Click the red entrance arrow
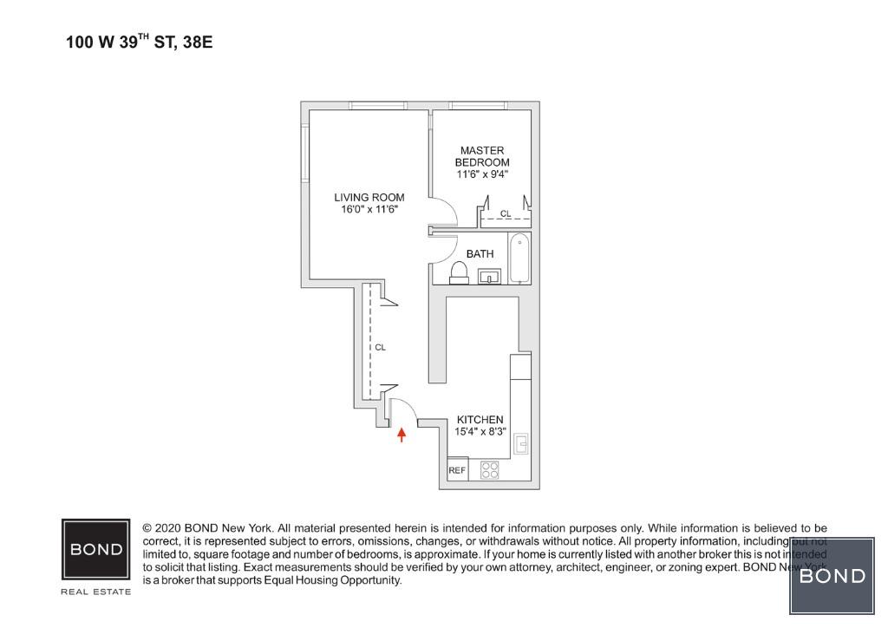click(x=401, y=434)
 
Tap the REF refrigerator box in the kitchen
click(x=457, y=471)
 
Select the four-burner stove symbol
click(x=490, y=470)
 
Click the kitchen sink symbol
click(x=521, y=445)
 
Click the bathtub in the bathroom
click(x=519, y=258)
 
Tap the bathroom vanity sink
click(x=490, y=278)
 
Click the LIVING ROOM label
click(x=369, y=197)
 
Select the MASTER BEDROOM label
click(x=482, y=156)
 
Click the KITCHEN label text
click(x=480, y=420)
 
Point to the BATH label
click(x=480, y=254)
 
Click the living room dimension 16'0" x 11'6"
click(x=369, y=209)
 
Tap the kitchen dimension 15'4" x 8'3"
click(x=480, y=431)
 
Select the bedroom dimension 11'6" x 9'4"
click(x=482, y=173)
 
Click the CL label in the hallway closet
click(x=380, y=347)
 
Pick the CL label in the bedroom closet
click(x=506, y=213)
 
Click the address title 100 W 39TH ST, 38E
click(x=139, y=41)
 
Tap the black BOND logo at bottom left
click(x=96, y=549)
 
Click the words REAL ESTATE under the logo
click(x=96, y=592)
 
